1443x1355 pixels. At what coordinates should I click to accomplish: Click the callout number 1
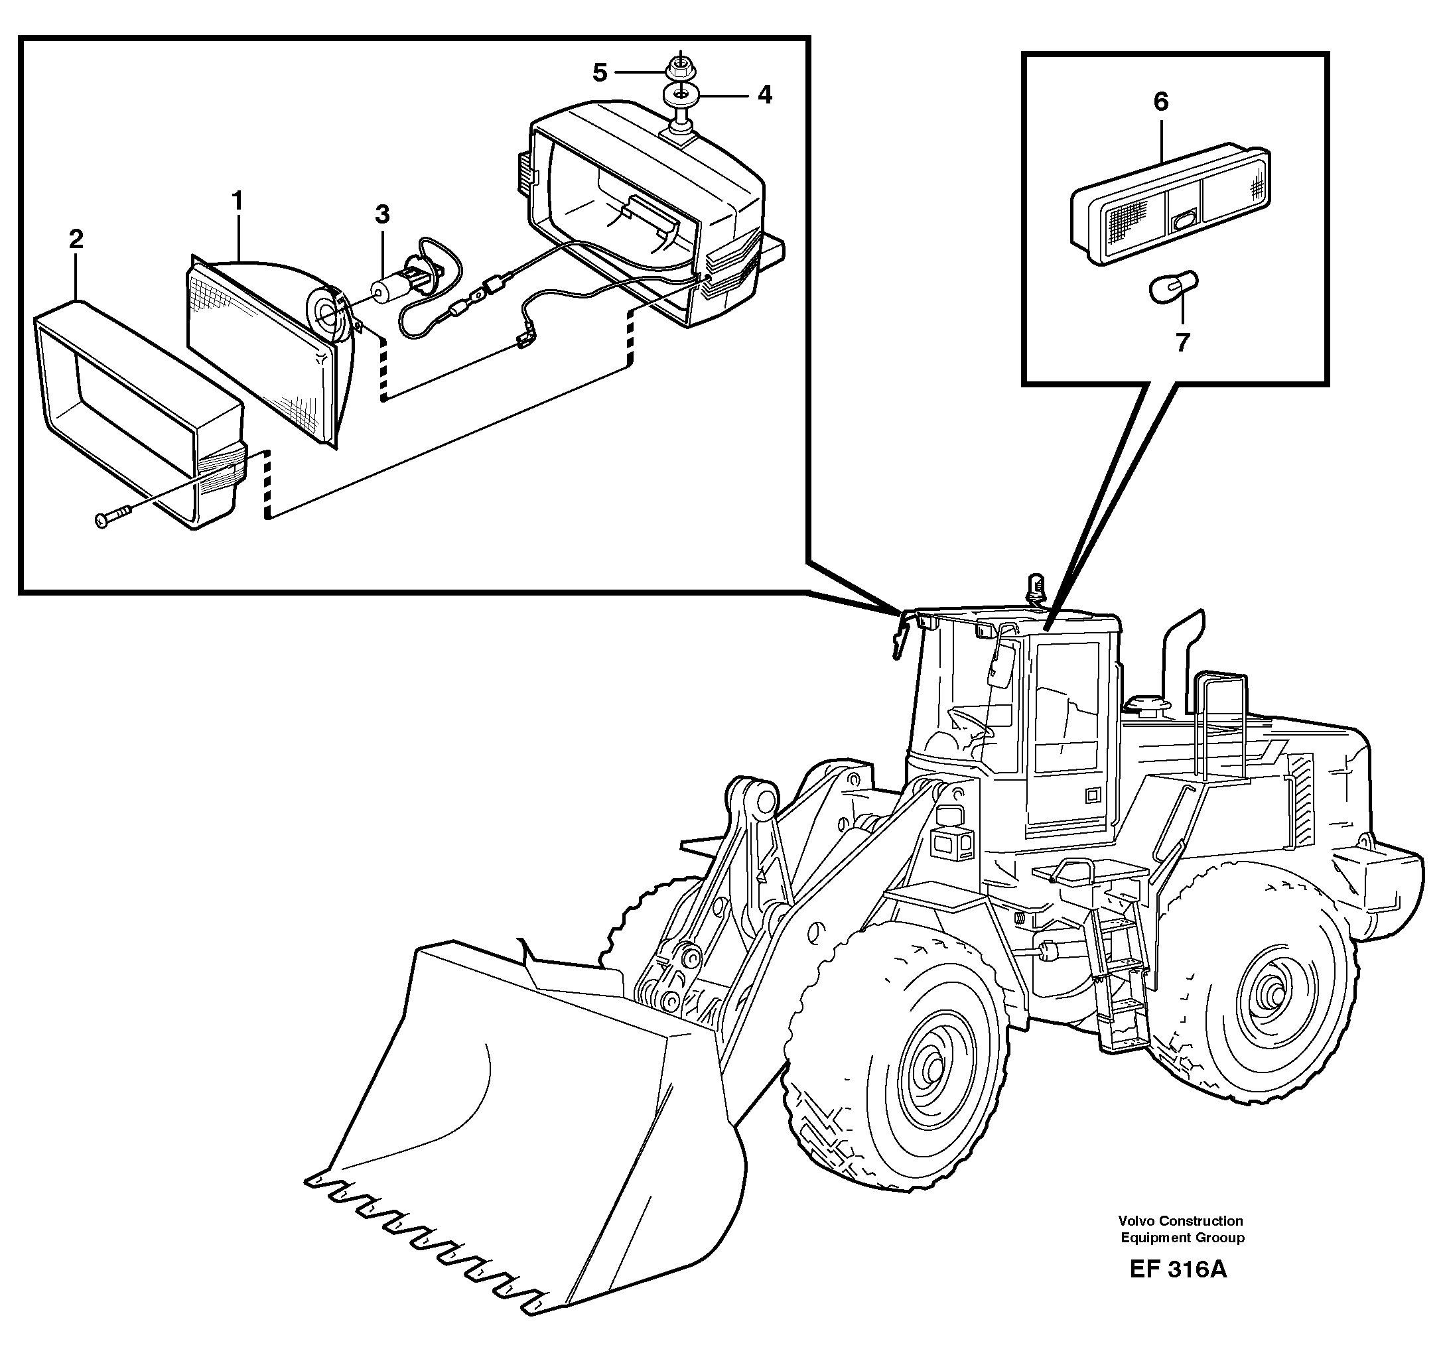pyautogui.click(x=237, y=200)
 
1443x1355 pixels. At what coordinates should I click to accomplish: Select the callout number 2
pyautogui.click(x=76, y=239)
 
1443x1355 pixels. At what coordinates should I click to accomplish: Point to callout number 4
pyautogui.click(x=764, y=95)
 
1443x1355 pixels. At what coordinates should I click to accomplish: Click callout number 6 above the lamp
pyautogui.click(x=1160, y=101)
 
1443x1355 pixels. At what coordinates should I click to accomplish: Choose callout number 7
pyautogui.click(x=1182, y=342)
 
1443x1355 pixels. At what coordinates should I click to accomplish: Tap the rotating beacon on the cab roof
pyautogui.click(x=1034, y=586)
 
